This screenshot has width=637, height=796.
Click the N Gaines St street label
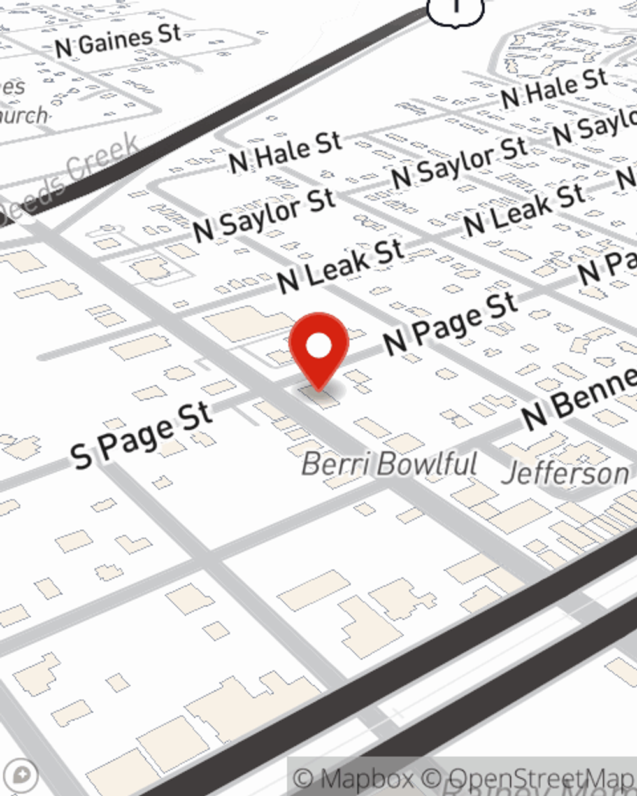[118, 41]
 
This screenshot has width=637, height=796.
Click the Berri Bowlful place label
[389, 464]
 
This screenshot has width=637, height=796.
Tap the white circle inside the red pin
[318, 346]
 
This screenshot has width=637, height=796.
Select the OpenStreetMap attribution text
[541, 779]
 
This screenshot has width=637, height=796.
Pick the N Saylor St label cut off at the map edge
[596, 127]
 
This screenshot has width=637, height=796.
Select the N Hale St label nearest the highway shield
[554, 89]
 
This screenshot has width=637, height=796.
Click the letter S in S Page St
[82, 455]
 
